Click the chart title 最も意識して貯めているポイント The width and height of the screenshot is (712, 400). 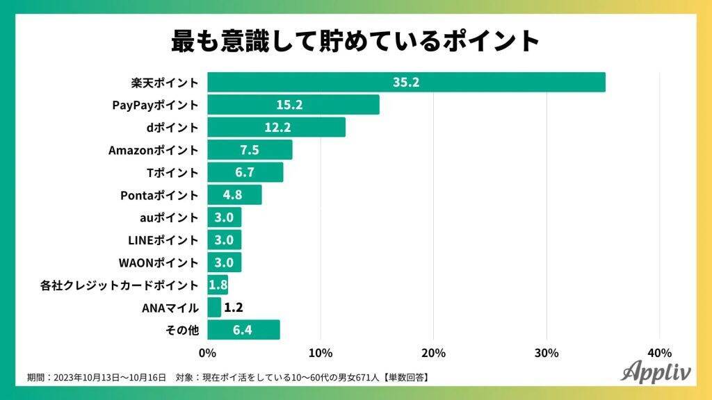[355, 41]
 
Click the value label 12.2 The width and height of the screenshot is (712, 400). [277, 127]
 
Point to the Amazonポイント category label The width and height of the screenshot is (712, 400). [154, 150]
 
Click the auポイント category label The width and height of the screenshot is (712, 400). [169, 217]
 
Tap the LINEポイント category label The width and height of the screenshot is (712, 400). [164, 240]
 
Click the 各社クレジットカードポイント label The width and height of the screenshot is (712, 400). [119, 285]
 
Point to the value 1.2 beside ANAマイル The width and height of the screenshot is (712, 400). [234, 308]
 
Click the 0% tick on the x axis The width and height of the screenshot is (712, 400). [207, 353]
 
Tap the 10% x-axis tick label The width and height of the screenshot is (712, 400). [321, 353]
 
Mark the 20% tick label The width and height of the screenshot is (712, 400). [433, 353]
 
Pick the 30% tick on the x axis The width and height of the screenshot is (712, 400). [547, 353]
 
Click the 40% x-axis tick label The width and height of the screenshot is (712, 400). [659, 353]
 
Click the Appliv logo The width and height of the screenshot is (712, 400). [656, 371]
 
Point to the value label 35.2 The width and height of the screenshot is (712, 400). [406, 83]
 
